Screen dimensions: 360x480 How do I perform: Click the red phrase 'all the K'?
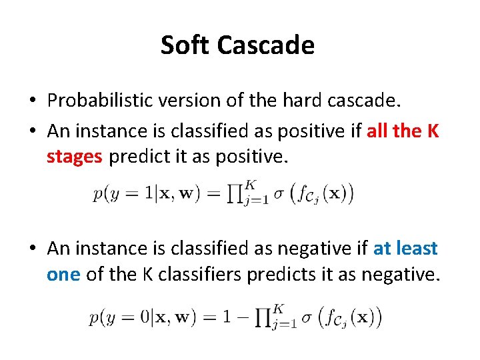403,131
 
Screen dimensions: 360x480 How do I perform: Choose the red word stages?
75,157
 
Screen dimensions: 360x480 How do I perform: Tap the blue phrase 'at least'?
405,249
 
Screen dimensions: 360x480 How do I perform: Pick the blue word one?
63,274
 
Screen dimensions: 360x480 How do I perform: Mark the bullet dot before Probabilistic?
32,101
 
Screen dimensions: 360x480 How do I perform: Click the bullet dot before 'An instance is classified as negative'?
32,249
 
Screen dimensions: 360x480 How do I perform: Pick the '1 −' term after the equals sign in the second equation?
237,318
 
